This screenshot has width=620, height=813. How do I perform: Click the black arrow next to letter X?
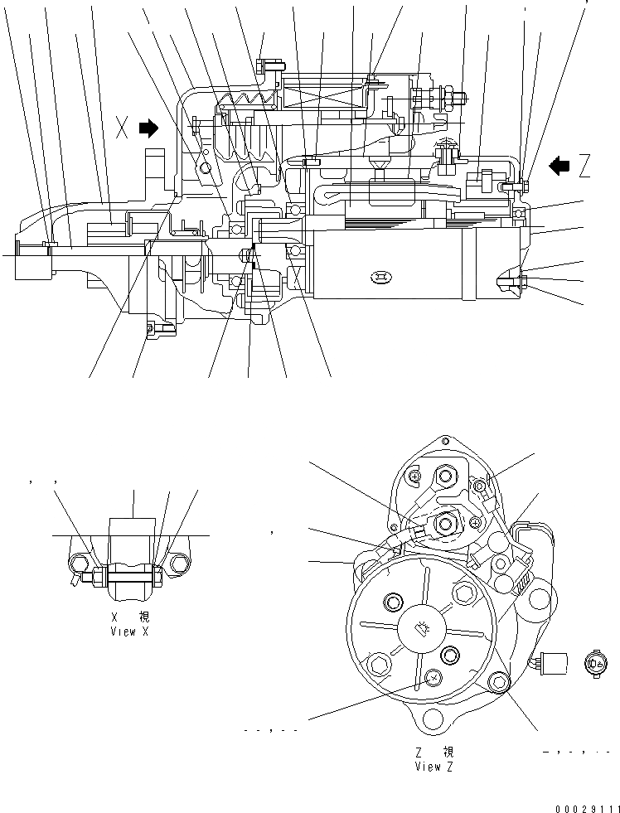click(148, 128)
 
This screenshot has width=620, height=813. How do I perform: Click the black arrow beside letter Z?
click(560, 167)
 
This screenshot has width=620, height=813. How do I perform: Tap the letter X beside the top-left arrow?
click(123, 128)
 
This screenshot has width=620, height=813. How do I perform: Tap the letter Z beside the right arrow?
click(585, 167)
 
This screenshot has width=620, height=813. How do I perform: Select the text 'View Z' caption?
click(434, 767)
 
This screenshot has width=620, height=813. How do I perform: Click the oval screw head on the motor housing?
click(380, 276)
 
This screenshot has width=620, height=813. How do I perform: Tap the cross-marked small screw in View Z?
click(432, 679)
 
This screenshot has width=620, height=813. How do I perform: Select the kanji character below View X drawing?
click(144, 617)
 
